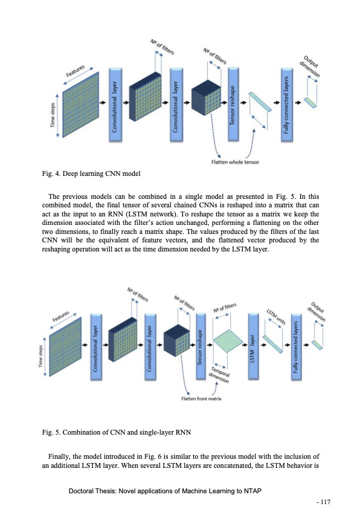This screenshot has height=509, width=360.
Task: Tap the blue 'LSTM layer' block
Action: pyautogui.click(x=254, y=347)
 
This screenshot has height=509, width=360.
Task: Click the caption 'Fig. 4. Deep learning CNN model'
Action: pyautogui.click(x=91, y=175)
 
